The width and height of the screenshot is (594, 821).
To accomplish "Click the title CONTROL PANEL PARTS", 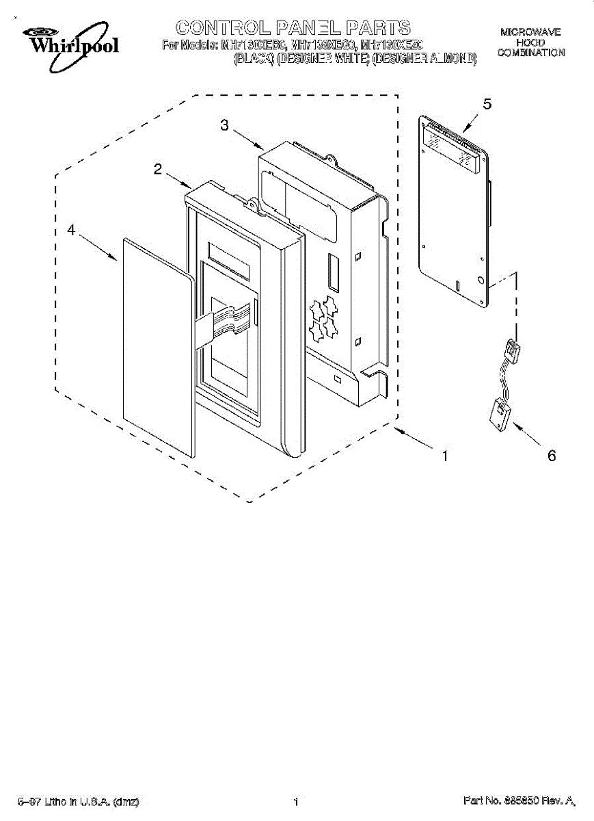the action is (293, 27).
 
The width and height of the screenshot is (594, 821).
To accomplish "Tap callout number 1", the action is (445, 456).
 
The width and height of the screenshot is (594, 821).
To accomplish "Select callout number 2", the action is (158, 170).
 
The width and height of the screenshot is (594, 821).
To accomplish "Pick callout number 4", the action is (70, 231).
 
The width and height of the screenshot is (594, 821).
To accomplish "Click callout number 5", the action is (487, 104).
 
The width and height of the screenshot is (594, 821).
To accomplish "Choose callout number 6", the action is (552, 456).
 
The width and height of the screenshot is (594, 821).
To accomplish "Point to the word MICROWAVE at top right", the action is (530, 32).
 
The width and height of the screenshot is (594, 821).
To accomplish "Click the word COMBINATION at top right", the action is (530, 53).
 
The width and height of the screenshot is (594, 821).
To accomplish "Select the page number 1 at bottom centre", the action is (296, 801).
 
